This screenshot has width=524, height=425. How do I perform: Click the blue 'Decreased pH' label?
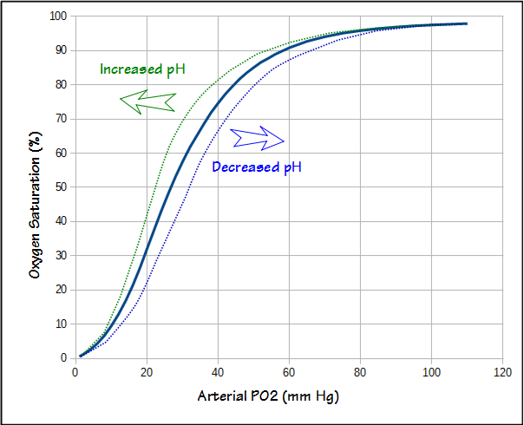click(x=257, y=167)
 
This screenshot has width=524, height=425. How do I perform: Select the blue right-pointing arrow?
click(x=258, y=137)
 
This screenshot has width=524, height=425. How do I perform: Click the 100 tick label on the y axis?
click(x=58, y=16)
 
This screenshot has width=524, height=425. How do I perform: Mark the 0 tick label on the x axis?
click(x=75, y=373)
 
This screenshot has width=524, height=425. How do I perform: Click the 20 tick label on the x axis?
click(x=147, y=373)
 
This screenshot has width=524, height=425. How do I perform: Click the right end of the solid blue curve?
click(x=467, y=23)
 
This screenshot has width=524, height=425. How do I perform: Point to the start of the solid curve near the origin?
click(x=81, y=355)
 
